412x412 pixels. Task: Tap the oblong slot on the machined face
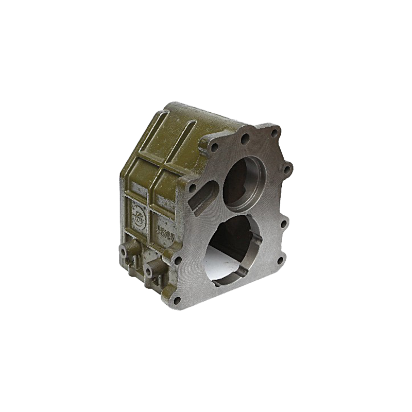coord(204,199)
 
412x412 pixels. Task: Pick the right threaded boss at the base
coord(150,270)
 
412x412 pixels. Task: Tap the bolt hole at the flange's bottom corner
coord(177,300)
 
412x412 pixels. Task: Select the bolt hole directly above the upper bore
coord(245,138)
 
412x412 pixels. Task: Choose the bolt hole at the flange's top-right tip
coord(274,132)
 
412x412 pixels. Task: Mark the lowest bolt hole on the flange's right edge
coord(281,260)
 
